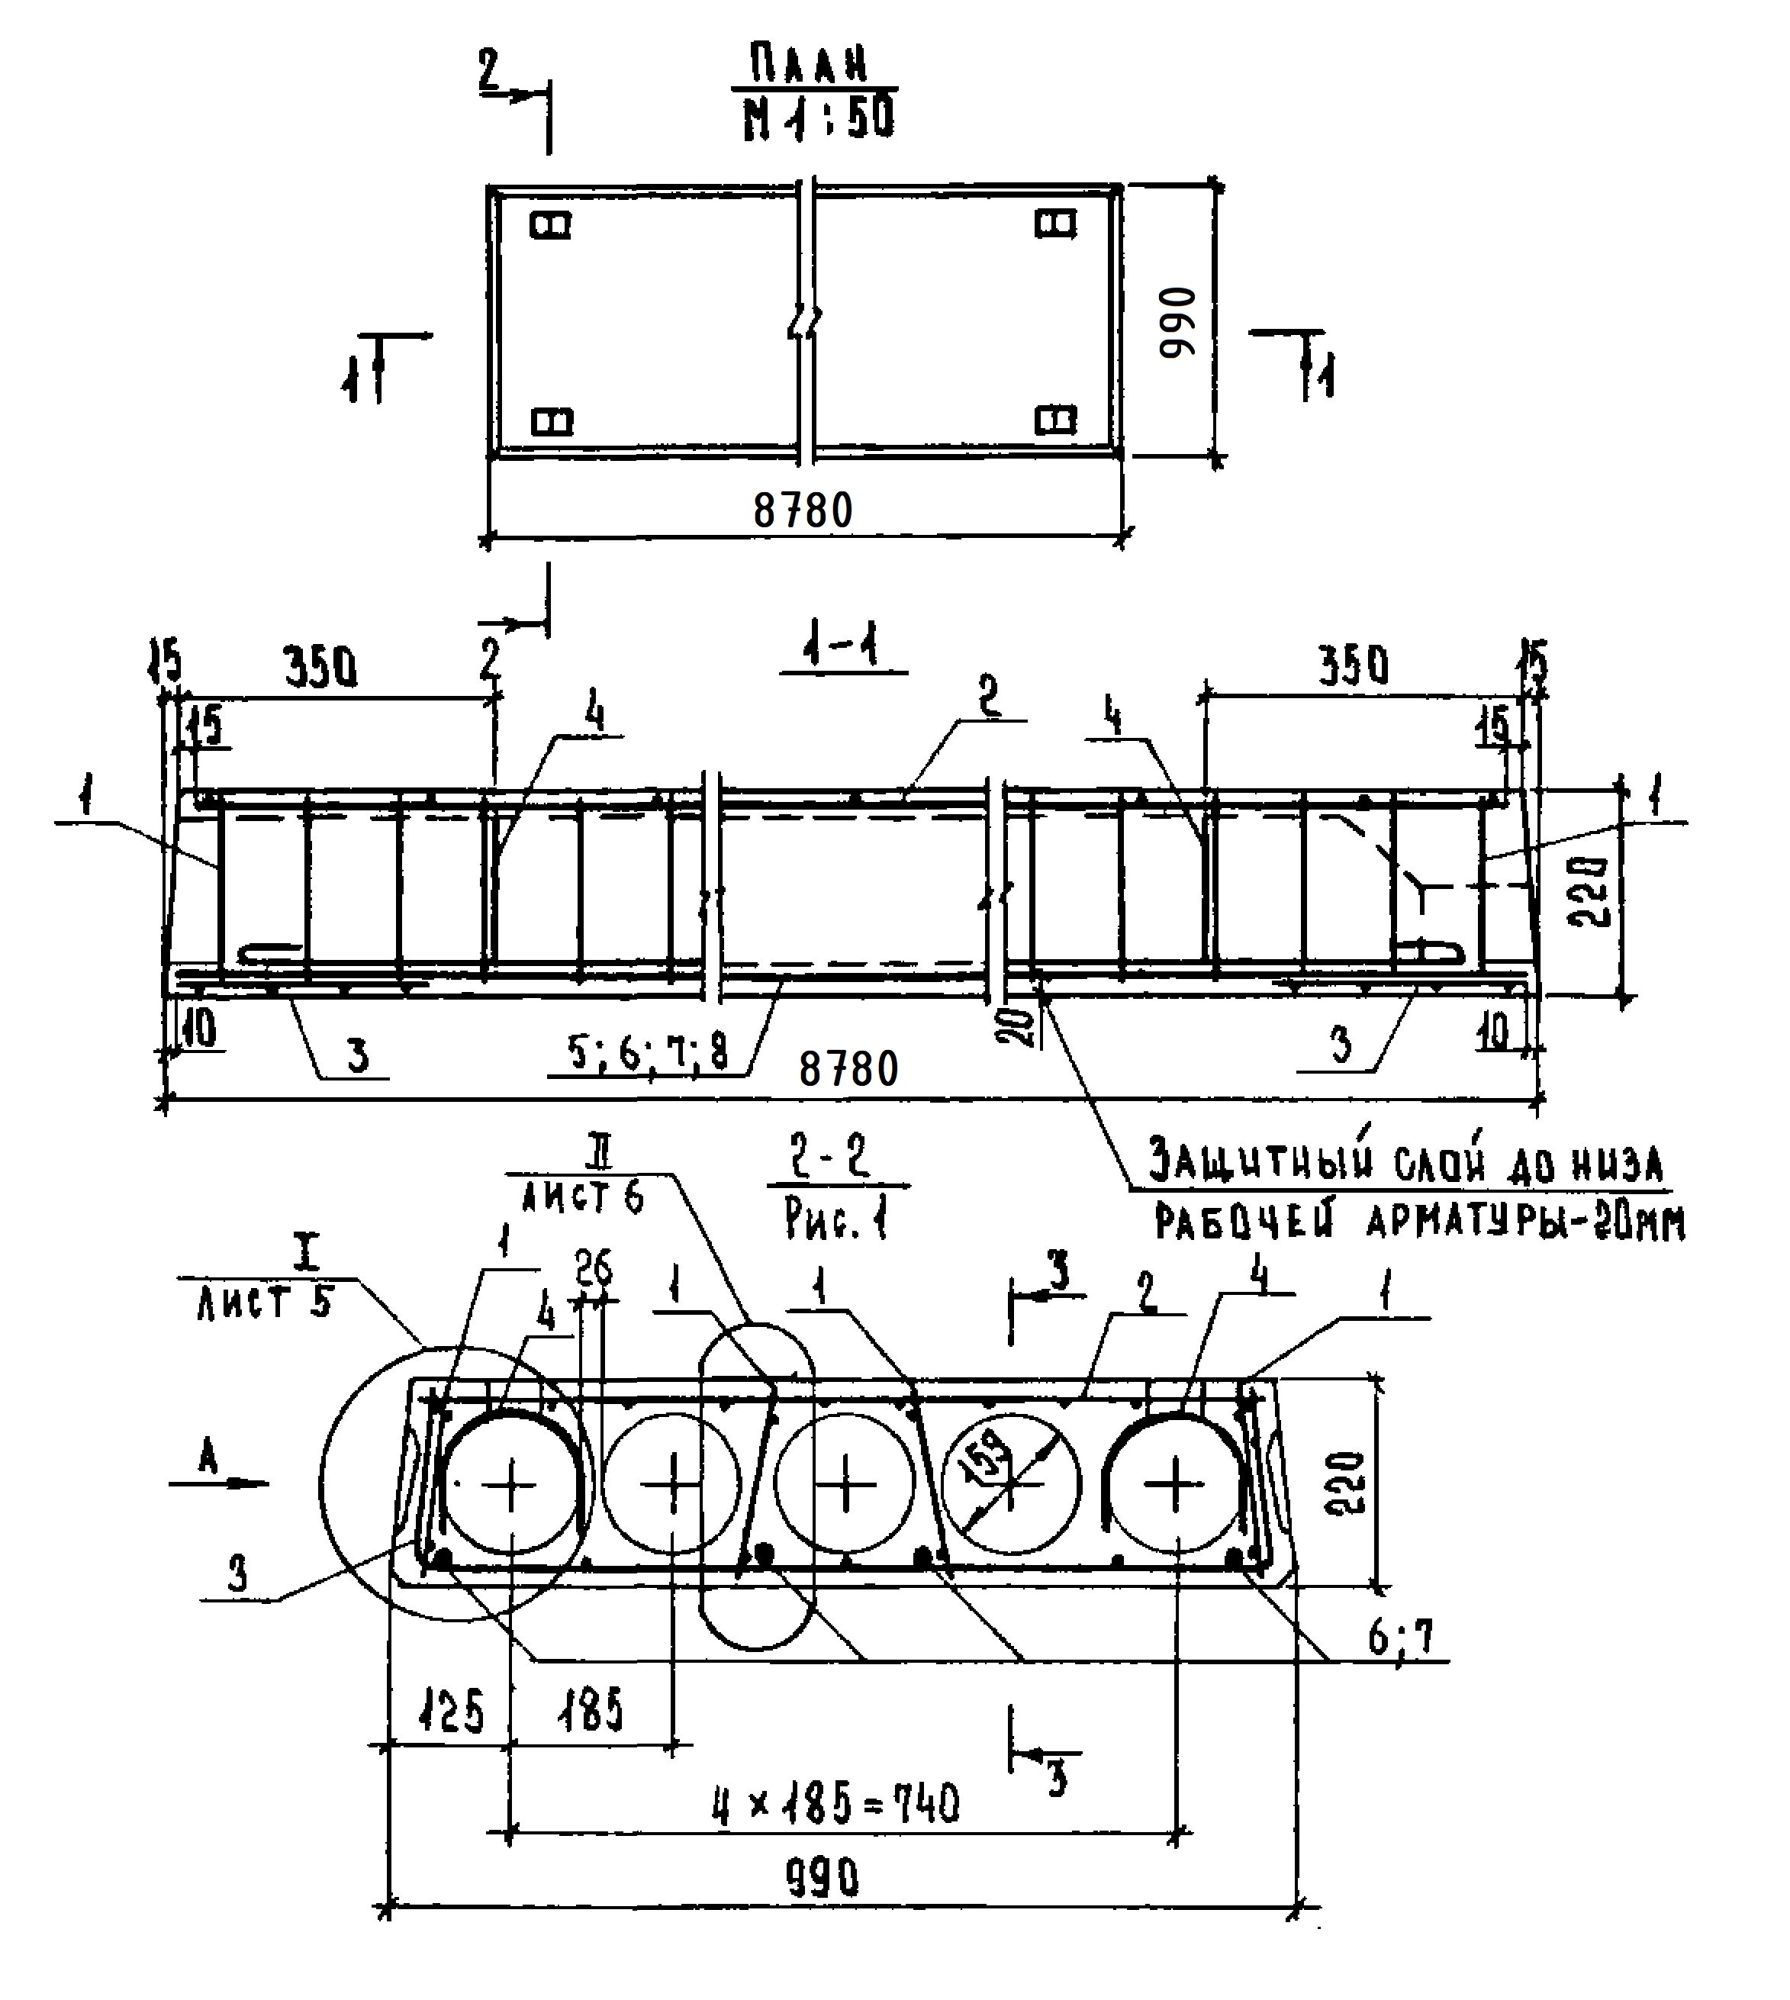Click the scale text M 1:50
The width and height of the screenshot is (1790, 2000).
(818, 117)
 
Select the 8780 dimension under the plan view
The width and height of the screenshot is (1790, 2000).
(803, 510)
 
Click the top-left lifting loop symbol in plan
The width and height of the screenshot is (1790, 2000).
(551, 224)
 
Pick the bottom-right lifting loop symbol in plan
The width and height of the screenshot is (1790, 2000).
(1056, 421)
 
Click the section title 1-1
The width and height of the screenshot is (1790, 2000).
(842, 649)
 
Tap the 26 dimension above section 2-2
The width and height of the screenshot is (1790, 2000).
(594, 1269)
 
